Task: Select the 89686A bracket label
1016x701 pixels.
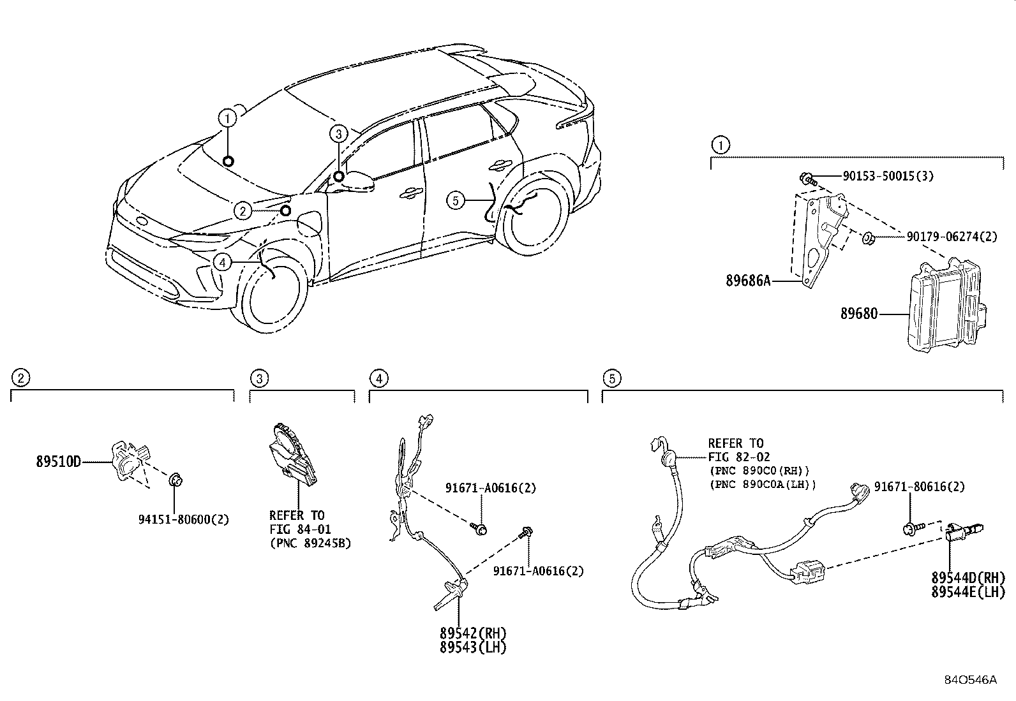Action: pos(747,280)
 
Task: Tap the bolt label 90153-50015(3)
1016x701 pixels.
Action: pos(888,176)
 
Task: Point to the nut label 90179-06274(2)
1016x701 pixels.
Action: pos(952,237)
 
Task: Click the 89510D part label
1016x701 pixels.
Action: pos(58,462)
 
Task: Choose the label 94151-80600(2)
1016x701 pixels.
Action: pos(183,519)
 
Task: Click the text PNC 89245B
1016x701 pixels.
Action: pos(311,543)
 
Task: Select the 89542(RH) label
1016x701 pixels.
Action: pos(473,633)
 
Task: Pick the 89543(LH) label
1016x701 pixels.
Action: pos(473,647)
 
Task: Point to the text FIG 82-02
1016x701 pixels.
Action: pos(738,457)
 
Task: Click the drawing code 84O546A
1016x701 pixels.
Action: pos(970,679)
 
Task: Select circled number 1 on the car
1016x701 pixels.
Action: pos(227,118)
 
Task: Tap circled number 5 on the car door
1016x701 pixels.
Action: pos(454,201)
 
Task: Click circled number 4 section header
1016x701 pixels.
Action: pos(378,379)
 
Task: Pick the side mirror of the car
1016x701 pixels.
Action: pos(357,181)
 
